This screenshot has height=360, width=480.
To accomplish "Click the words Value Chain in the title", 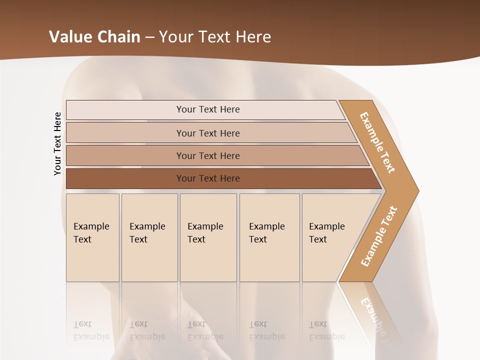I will [94, 36].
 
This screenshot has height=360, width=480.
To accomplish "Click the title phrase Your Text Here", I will [215, 36].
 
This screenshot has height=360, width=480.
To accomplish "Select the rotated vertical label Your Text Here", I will [57, 143].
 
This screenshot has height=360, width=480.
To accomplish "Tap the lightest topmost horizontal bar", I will [207, 109].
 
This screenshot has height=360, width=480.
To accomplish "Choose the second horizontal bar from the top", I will [207, 133].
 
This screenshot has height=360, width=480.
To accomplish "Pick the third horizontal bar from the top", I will [207, 155].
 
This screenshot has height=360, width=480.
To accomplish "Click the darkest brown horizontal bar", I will [207, 178].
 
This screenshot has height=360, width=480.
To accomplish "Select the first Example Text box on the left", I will [92, 237].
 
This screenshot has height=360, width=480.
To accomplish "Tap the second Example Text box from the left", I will [149, 237].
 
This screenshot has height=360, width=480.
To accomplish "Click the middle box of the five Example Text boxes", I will [208, 237].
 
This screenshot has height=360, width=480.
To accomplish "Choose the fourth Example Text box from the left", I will [269, 237].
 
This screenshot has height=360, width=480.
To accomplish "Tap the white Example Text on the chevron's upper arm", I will [377, 142].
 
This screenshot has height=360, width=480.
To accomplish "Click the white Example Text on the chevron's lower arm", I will [378, 236].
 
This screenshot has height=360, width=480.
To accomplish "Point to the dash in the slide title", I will [149, 37].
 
